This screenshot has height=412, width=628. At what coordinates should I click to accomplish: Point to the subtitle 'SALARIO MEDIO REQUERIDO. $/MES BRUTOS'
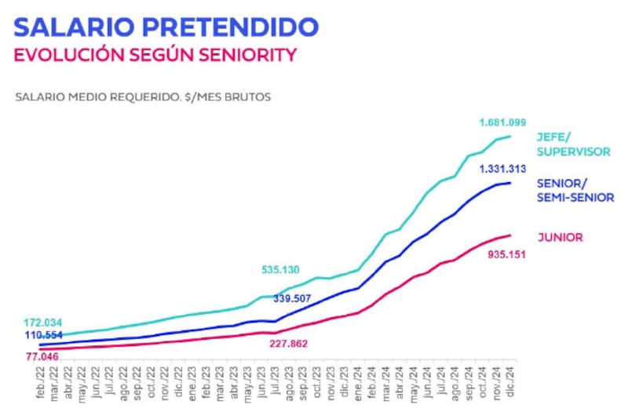(x=143, y=98)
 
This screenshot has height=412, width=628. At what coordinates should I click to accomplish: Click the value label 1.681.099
(x=502, y=122)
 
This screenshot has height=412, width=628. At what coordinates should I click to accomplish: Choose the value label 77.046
(x=43, y=356)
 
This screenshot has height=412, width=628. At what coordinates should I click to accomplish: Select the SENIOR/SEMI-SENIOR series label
(x=575, y=191)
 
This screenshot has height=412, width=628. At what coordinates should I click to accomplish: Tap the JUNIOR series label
(x=560, y=236)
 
